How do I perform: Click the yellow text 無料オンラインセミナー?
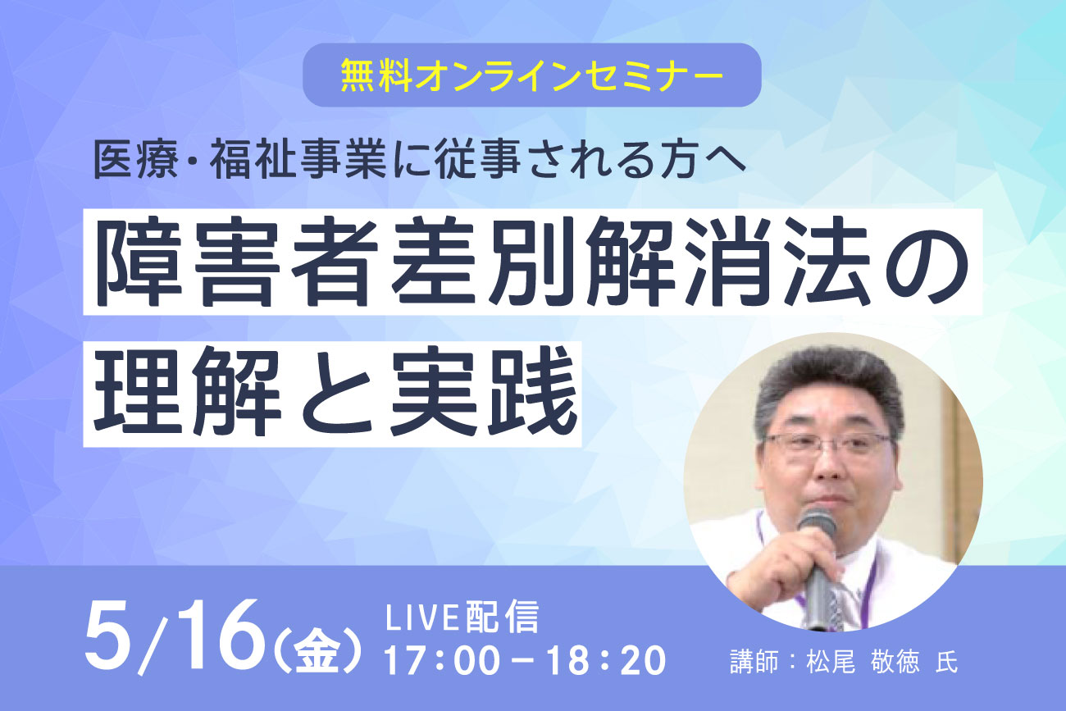point(532,75)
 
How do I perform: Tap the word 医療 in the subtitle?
point(136,160)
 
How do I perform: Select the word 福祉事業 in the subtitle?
point(298,160)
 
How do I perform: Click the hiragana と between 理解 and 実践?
point(336,393)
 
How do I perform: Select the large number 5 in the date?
point(111,634)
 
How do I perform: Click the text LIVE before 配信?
point(421,618)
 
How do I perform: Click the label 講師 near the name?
point(754,662)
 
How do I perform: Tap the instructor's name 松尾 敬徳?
point(863,662)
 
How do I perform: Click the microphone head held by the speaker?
point(818,523)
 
